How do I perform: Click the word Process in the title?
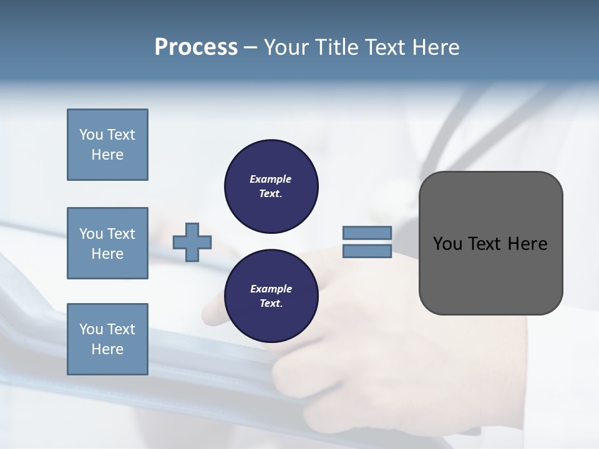[196, 47]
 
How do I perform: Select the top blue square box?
[107, 145]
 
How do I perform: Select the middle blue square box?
[107, 243]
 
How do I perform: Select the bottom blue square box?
[107, 339]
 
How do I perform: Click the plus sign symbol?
[192, 242]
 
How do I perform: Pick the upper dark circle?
[271, 186]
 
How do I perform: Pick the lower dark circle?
[271, 296]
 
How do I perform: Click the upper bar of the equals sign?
[367, 233]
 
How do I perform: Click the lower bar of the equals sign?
[367, 251]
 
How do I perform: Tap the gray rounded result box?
[490, 274]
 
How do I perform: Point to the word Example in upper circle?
[271, 179]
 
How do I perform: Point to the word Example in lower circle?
[271, 289]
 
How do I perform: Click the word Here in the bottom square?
[107, 349]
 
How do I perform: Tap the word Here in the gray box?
[527, 244]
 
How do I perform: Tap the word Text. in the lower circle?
[271, 304]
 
